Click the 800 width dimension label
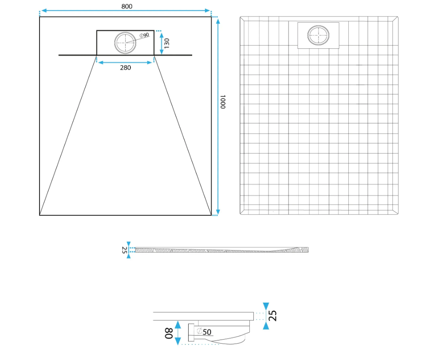click(x=127, y=6)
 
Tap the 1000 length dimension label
click(x=223, y=102)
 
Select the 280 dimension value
click(x=126, y=67)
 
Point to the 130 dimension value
click(x=166, y=43)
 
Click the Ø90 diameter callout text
click(x=144, y=35)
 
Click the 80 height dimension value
click(x=168, y=333)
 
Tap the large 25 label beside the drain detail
click(x=272, y=316)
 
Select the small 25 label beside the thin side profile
click(x=124, y=250)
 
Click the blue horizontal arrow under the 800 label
click(x=126, y=11)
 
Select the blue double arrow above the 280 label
click(x=125, y=62)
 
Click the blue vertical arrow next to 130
click(x=162, y=43)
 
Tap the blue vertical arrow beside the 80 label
click(x=178, y=333)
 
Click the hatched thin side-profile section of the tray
click(x=222, y=250)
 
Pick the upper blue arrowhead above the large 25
click(x=266, y=306)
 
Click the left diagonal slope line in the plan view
click(x=68, y=135)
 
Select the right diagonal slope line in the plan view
click(x=183, y=135)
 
